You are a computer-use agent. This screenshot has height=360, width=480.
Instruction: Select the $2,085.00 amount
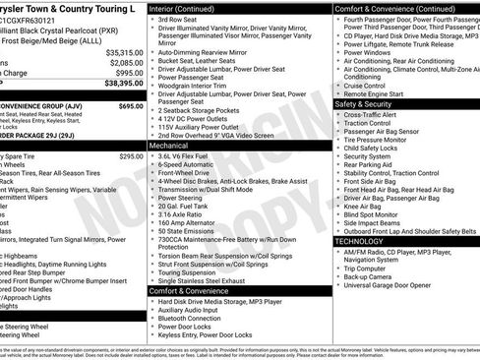tap(125, 63)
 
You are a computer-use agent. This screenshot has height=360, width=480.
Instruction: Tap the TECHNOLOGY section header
tap(359, 241)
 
